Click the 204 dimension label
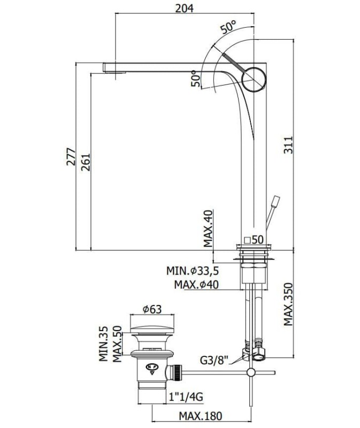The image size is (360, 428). click(184, 8)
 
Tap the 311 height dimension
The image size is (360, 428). click(288, 145)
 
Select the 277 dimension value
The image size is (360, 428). click(71, 156)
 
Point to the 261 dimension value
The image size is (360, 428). click(85, 162)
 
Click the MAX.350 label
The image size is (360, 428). click(288, 304)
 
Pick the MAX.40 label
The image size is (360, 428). click(208, 228)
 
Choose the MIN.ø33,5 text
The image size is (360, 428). click(193, 271)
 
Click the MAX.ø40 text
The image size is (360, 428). click(196, 285)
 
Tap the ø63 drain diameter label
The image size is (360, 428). click(152, 309)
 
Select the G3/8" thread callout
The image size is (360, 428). click(214, 361)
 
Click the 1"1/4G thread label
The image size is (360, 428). click(186, 396)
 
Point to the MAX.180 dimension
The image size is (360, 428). click(201, 416)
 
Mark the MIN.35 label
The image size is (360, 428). click(103, 343)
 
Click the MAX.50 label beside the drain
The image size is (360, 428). click(117, 344)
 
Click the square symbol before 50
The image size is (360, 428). click(247, 240)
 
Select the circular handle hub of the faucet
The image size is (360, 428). click(254, 80)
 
